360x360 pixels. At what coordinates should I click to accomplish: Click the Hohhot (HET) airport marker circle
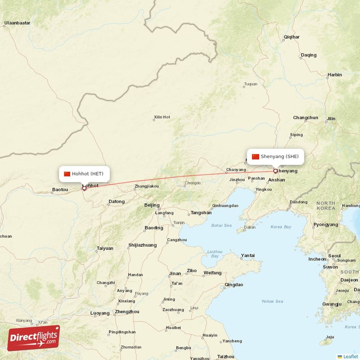point(84,188)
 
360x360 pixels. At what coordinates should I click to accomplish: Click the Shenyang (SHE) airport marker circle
point(275,171)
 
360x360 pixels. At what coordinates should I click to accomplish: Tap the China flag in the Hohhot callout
point(67,174)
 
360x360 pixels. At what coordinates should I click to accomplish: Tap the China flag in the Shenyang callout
point(255,157)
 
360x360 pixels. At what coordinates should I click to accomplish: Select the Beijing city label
point(152,205)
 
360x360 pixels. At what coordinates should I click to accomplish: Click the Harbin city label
point(334,75)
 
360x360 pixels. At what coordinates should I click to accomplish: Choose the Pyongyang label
point(325,225)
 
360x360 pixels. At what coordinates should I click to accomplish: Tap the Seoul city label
point(334,256)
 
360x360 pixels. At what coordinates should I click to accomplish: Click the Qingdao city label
point(234,284)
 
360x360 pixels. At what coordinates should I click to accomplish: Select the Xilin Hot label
point(162,117)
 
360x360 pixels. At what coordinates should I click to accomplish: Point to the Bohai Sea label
point(221,225)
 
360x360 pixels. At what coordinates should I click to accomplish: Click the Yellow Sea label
point(273,301)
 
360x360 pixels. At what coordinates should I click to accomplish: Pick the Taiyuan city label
point(105,248)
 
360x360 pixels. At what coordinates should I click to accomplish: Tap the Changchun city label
point(306,118)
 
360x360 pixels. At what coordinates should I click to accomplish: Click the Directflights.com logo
point(34,338)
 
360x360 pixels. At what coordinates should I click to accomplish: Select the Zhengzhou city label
point(127,311)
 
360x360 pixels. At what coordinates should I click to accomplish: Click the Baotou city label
point(60,189)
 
